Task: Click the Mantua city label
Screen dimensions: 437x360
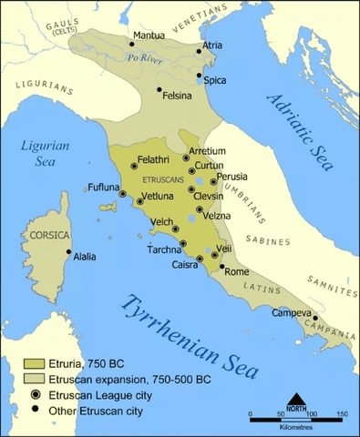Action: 149,36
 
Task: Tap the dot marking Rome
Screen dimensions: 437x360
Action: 221,268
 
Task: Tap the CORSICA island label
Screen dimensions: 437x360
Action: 50,235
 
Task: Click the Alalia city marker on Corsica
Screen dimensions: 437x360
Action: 68,252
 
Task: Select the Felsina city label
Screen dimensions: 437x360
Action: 180,96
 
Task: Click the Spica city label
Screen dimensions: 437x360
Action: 215,81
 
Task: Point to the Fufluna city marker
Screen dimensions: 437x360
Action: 122,193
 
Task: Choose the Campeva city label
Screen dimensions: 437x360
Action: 292,312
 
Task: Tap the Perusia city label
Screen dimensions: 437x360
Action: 231,176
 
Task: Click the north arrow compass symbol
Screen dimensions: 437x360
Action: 296,400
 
